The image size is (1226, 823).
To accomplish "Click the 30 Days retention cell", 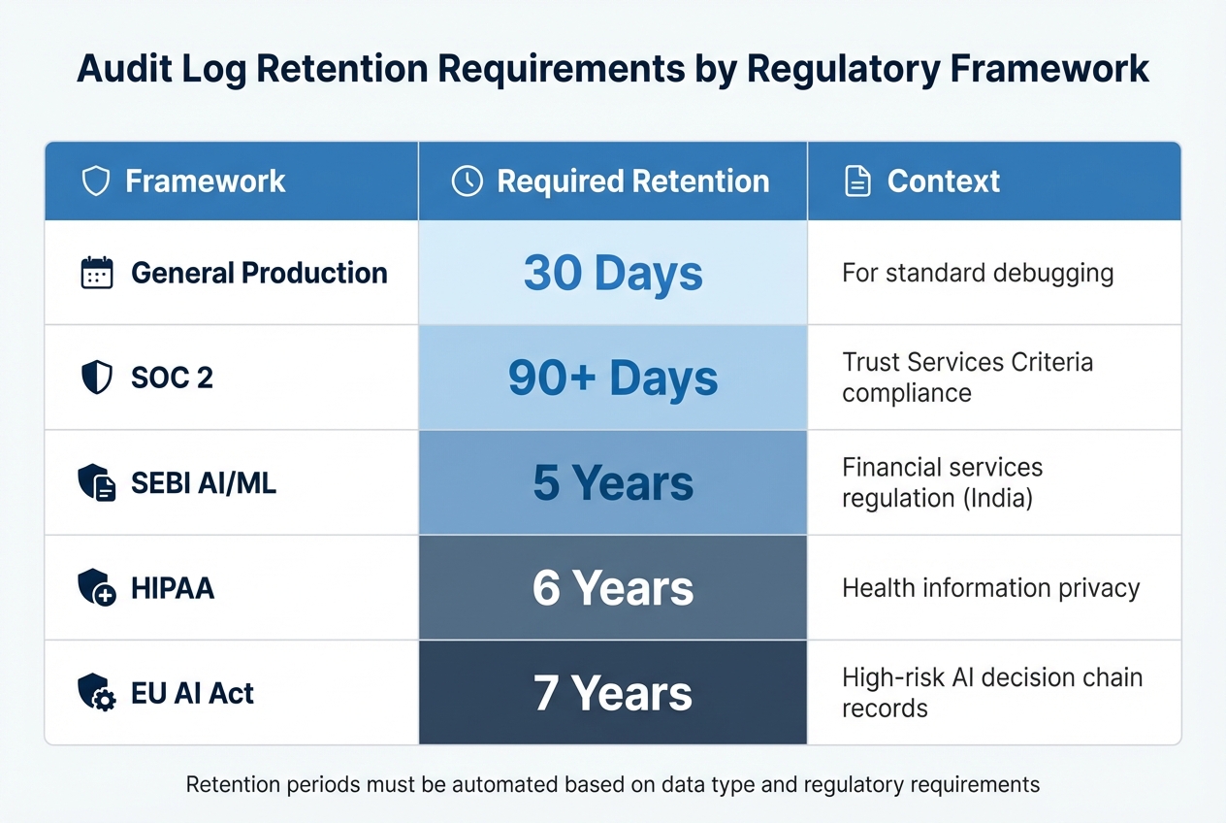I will click(x=613, y=273).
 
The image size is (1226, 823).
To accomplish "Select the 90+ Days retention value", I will click(x=613, y=378).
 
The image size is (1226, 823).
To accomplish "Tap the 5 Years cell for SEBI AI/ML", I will click(x=613, y=482).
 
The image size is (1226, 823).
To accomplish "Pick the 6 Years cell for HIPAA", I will click(x=613, y=588).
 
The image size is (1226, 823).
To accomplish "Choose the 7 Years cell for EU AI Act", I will click(x=613, y=693).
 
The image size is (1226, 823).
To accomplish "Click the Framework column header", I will click(x=205, y=181).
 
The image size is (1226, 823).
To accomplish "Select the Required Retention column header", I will click(x=632, y=181).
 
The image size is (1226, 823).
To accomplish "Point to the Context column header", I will click(x=943, y=181).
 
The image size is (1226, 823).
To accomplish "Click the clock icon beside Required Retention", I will click(x=468, y=181).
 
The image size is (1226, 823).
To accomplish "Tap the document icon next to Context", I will click(x=857, y=181).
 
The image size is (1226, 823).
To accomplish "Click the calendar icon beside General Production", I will click(x=97, y=273).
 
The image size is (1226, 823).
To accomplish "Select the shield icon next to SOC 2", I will click(x=97, y=378).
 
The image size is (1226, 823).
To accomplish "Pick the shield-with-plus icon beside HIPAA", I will click(x=97, y=588).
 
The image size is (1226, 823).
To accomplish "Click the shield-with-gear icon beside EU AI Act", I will click(x=97, y=693).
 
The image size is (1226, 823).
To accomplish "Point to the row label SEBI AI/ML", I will click(x=204, y=482).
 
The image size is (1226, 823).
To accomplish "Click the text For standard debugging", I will click(x=977, y=273).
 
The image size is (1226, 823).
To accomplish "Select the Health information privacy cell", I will click(x=990, y=588).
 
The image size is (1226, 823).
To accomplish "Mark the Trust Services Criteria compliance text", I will click(x=967, y=378).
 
